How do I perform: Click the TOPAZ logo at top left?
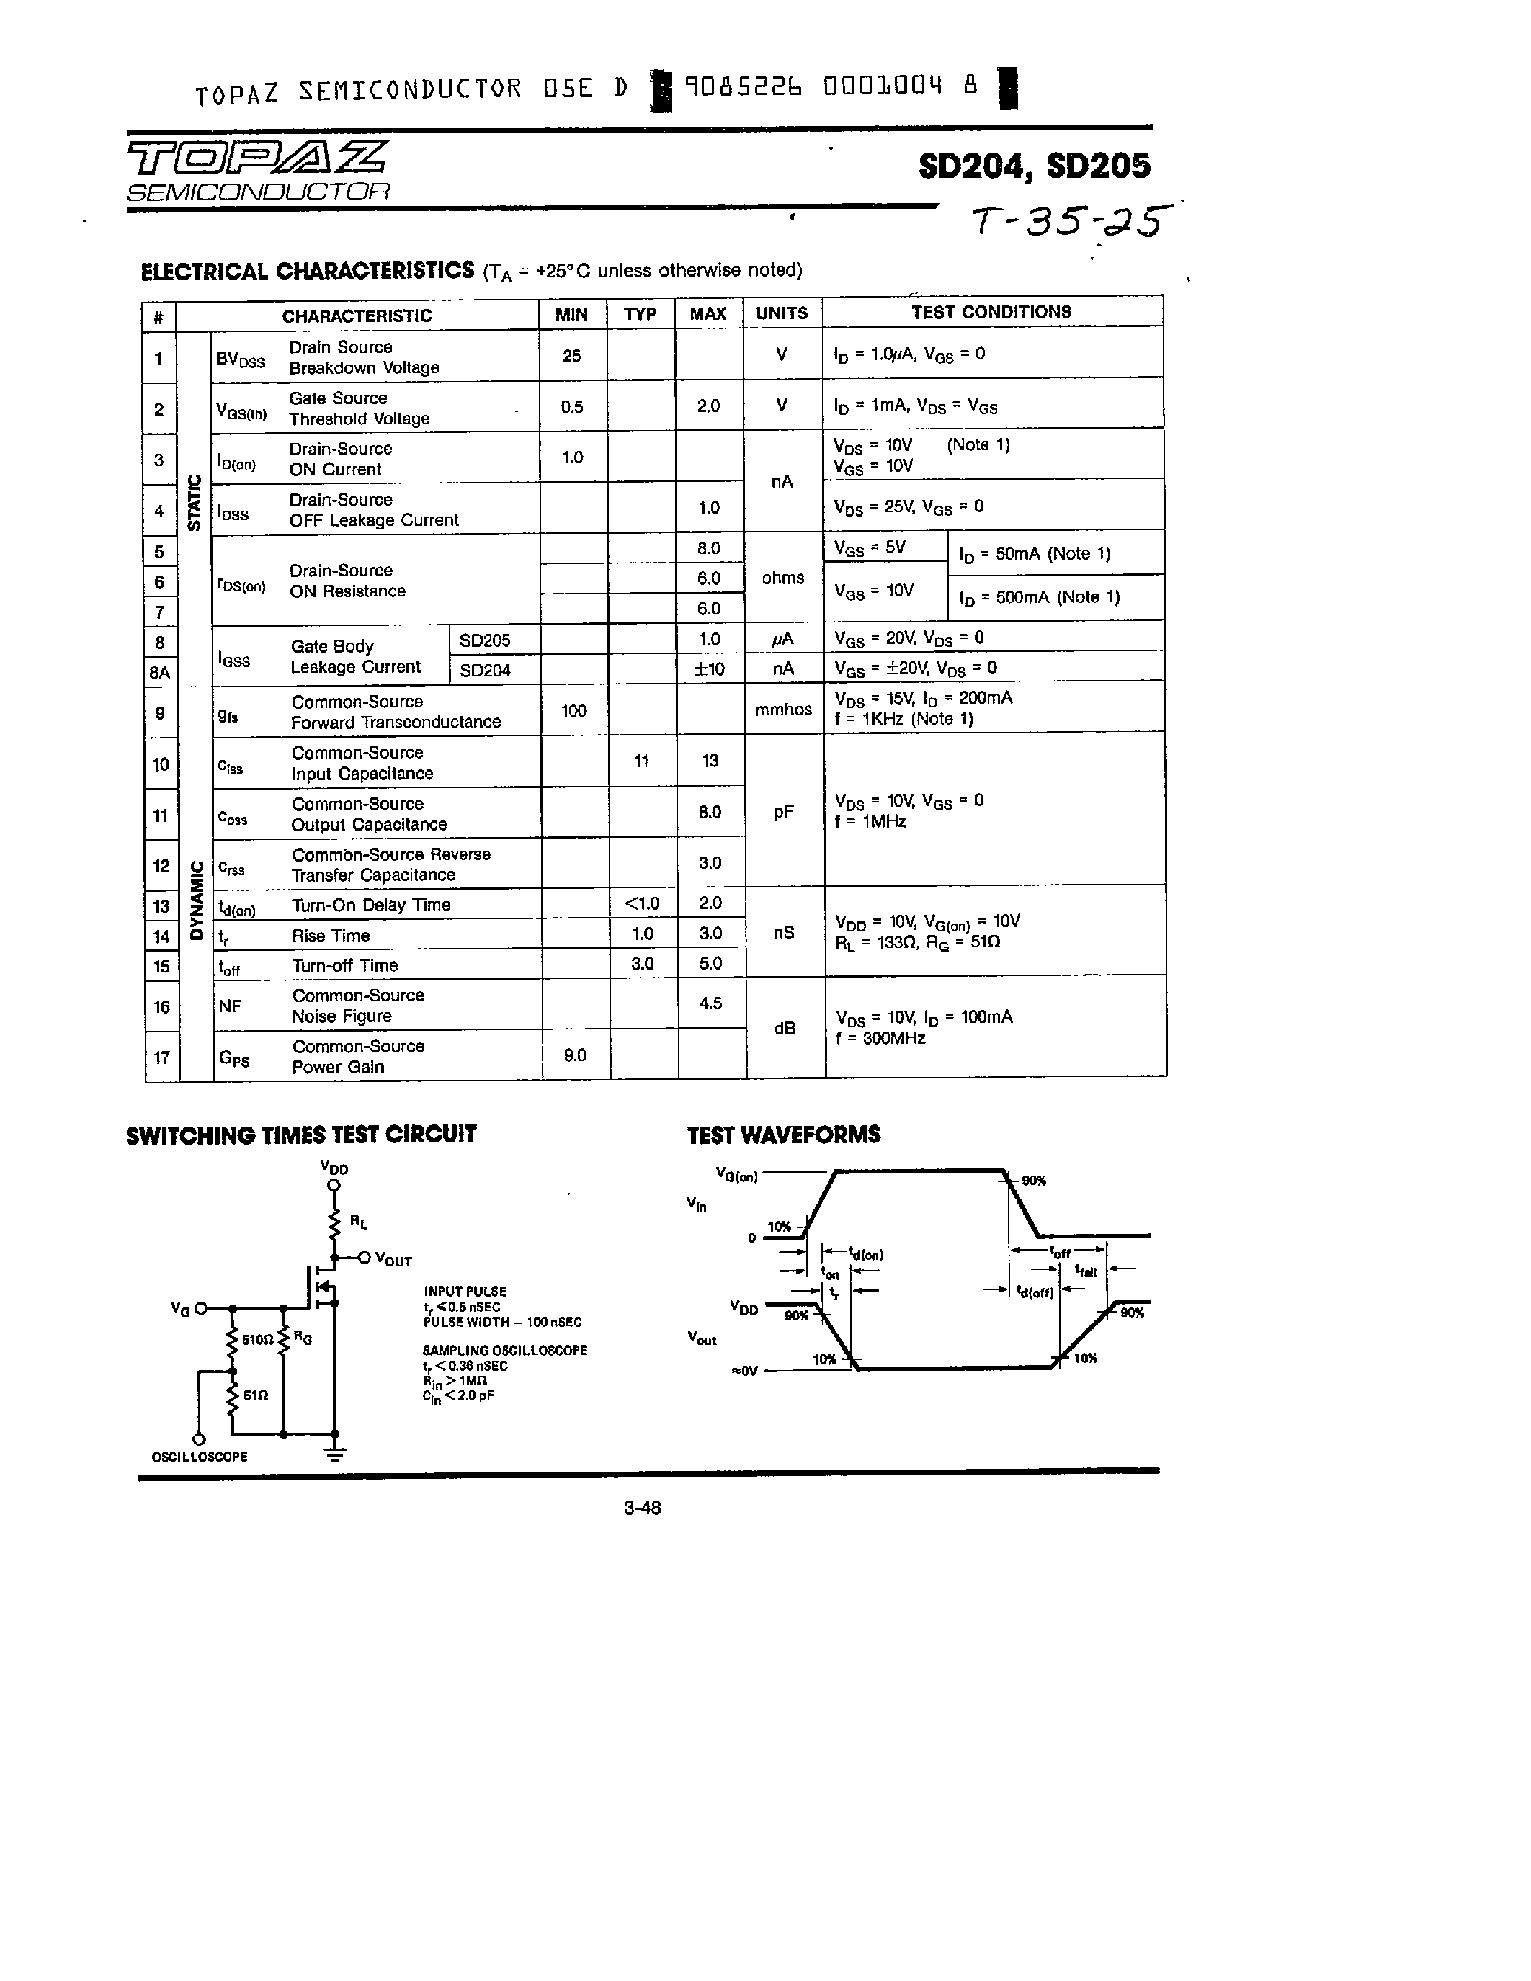pyautogui.click(x=256, y=158)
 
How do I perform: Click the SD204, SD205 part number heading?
pyautogui.click(x=1033, y=166)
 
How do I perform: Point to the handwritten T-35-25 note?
pyautogui.click(x=1070, y=221)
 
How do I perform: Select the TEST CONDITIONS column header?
pyautogui.click(x=991, y=312)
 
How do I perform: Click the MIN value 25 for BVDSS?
pyautogui.click(x=571, y=356)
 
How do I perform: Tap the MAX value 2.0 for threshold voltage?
pyautogui.click(x=708, y=406)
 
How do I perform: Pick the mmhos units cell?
pyautogui.click(x=782, y=710)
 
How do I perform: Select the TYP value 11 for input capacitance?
pyautogui.click(x=641, y=761)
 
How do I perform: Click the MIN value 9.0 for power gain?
pyautogui.click(x=575, y=1055)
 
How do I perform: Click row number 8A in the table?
pyautogui.click(x=160, y=672)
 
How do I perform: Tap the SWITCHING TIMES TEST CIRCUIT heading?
pyautogui.click(x=301, y=1135)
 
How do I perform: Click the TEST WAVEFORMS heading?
pyautogui.click(x=784, y=1135)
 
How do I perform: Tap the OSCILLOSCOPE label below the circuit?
pyautogui.click(x=200, y=1457)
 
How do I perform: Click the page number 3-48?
pyautogui.click(x=642, y=1508)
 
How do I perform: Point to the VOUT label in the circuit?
pyautogui.click(x=393, y=1260)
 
